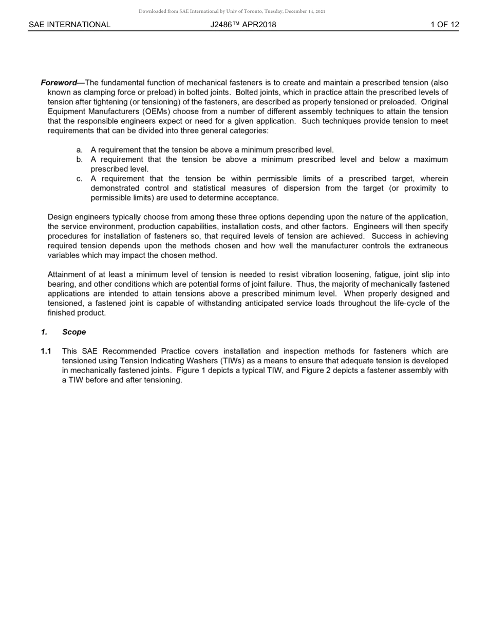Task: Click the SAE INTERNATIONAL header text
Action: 69,25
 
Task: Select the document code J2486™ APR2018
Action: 243,25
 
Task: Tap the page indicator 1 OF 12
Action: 444,25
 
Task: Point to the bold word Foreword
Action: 59,83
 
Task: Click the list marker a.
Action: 79,150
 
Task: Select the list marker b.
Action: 79,160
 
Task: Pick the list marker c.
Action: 79,179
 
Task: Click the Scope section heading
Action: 74,332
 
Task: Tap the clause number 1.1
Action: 46,351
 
